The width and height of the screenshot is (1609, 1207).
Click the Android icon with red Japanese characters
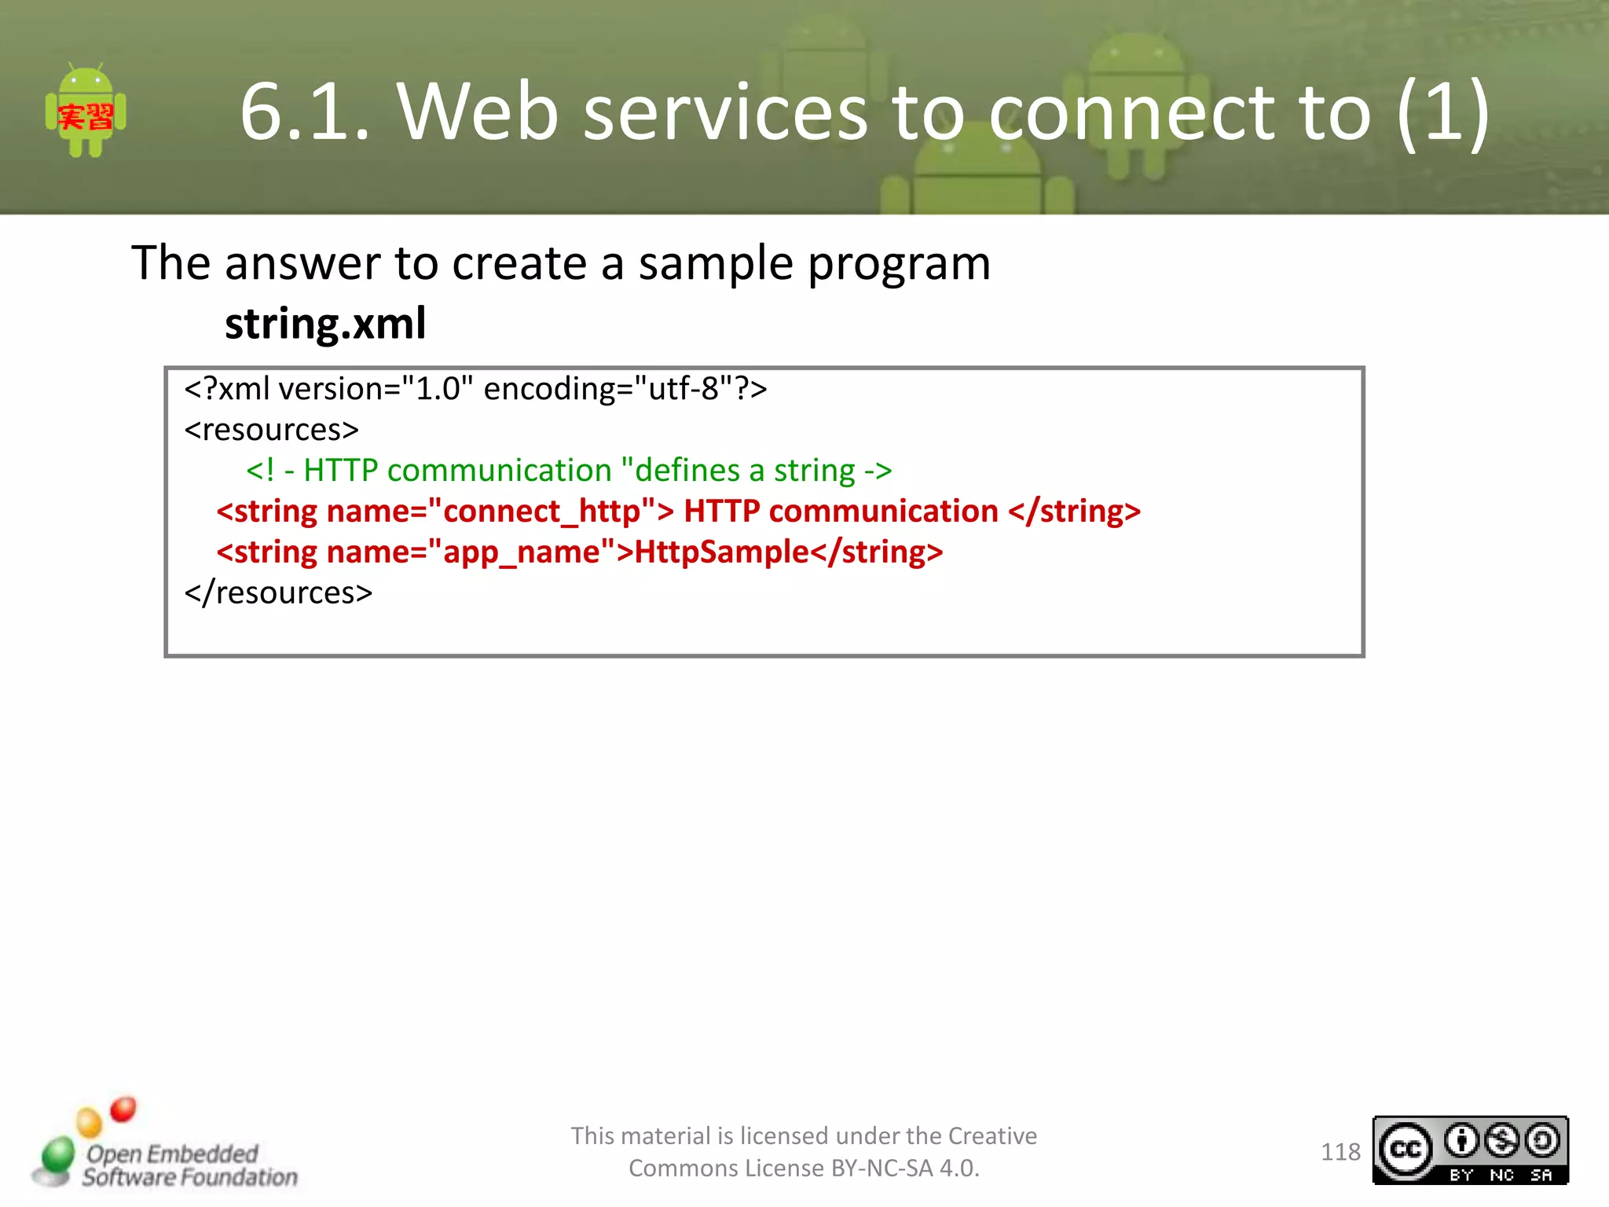click(x=86, y=112)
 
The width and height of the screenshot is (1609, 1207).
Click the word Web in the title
click(x=478, y=112)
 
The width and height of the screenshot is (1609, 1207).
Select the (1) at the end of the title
click(x=1444, y=112)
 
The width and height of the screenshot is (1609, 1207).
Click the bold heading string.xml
click(x=325, y=324)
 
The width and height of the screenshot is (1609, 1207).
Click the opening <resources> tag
click(x=271, y=430)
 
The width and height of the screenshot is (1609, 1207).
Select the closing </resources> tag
click(x=278, y=592)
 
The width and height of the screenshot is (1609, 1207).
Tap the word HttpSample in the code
click(x=721, y=552)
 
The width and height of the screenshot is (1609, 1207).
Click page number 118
click(x=1340, y=1152)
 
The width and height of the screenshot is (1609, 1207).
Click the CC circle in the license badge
click(x=1406, y=1150)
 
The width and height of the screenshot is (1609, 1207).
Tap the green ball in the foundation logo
click(x=57, y=1155)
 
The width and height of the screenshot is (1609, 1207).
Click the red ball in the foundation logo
click(x=123, y=1109)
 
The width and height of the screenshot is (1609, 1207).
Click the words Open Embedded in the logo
click(x=172, y=1154)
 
